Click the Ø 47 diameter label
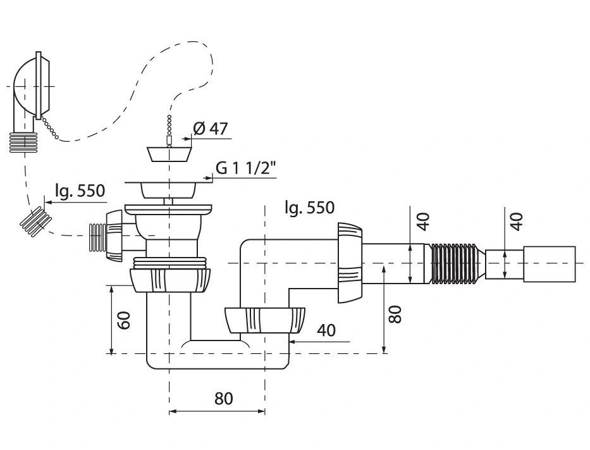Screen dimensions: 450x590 coord(211,128)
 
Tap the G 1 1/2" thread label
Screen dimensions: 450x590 coord(245,168)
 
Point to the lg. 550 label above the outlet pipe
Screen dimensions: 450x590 coord(309,207)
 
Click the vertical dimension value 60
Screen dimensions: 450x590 coord(124,320)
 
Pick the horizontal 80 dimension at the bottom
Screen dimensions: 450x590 coord(223,399)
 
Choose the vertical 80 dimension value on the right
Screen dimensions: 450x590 coord(395,315)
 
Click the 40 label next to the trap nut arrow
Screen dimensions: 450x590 coord(326,330)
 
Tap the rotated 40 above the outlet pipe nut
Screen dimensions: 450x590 coord(424,220)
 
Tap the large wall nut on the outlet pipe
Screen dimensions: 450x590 coord(348,261)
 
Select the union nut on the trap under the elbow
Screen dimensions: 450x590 coord(264,320)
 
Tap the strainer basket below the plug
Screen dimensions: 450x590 coord(168,188)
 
